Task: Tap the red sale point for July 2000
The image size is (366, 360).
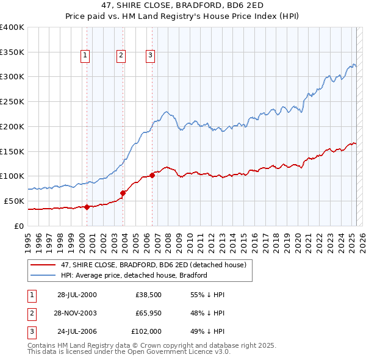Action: (87, 207)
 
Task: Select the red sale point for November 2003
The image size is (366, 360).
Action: (123, 193)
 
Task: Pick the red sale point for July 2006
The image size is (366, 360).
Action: (152, 175)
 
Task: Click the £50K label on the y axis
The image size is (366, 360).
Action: (14, 201)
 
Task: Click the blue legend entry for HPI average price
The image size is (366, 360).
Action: (134, 275)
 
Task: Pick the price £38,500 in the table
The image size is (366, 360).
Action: (148, 295)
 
